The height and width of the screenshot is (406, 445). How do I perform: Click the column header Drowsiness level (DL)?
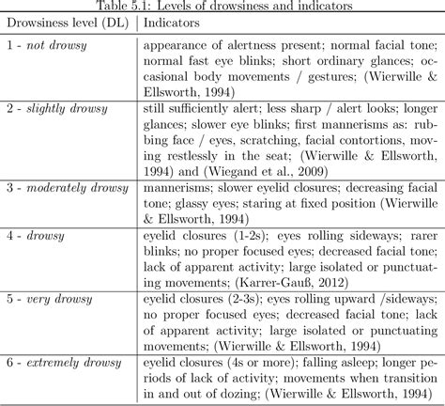point(68,22)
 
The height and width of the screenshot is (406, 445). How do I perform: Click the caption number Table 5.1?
point(141,6)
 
